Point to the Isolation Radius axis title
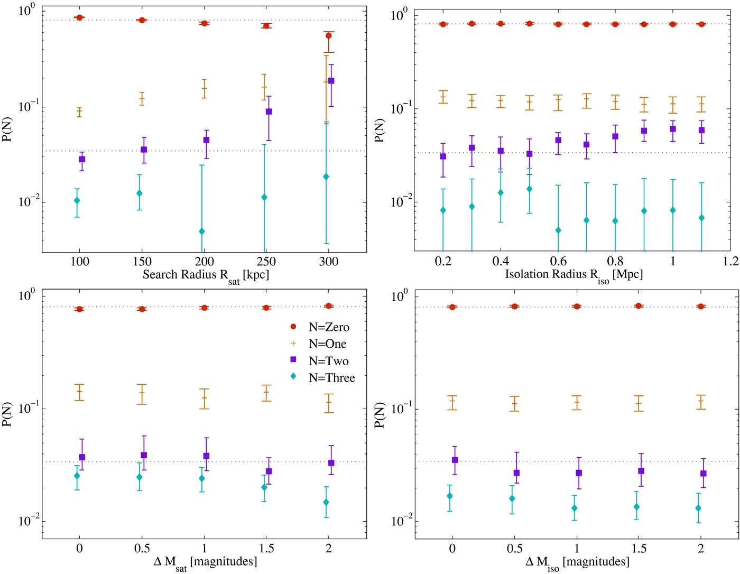[573, 275]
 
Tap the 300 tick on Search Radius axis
[329, 262]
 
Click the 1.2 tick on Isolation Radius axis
[730, 262]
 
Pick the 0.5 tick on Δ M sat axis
[142, 549]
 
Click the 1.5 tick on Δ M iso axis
[639, 549]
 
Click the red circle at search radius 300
[329, 36]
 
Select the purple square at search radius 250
[269, 112]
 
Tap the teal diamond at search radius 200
[202, 232]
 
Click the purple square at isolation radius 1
[673, 129]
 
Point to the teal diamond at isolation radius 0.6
[558, 230]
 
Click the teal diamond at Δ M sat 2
[326, 502]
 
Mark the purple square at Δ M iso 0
[455, 460]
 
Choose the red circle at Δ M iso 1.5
[639, 306]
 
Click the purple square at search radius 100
[82, 159]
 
